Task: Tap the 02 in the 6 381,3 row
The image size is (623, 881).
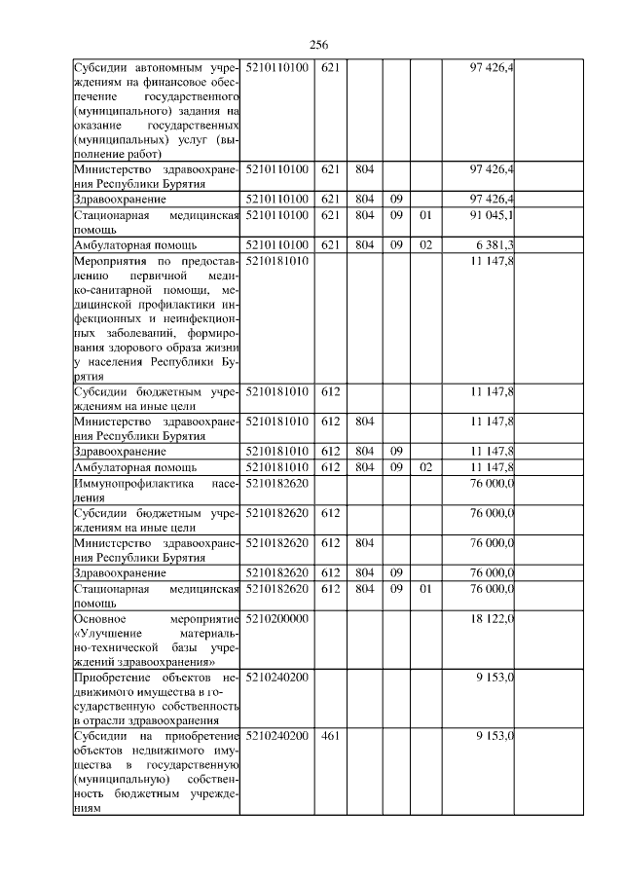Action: pos(423,244)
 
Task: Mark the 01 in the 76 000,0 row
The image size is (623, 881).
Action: pos(423,589)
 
